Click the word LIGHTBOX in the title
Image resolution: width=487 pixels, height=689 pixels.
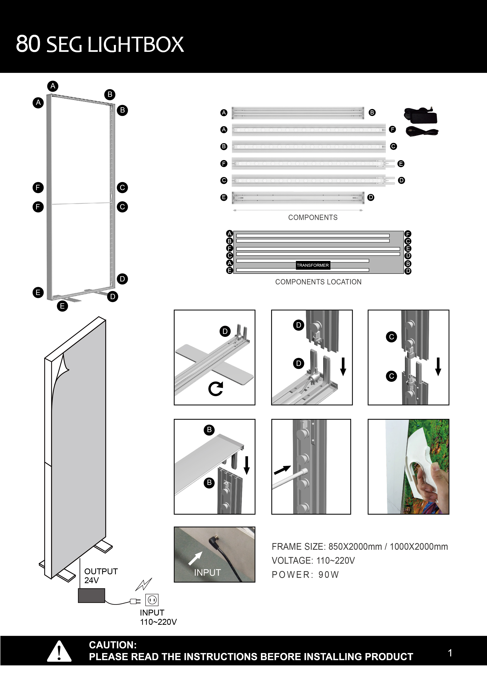[x=136, y=44]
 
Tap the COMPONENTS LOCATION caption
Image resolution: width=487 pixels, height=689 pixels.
[x=318, y=282]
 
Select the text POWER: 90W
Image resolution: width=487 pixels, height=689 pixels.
[x=305, y=575]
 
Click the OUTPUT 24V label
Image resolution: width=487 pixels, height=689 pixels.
[x=101, y=575]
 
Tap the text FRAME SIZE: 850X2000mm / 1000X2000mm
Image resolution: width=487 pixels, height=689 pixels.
[x=360, y=546]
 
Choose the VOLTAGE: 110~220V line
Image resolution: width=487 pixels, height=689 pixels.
[x=313, y=561]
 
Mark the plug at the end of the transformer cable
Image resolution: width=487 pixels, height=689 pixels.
[x=135, y=601]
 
